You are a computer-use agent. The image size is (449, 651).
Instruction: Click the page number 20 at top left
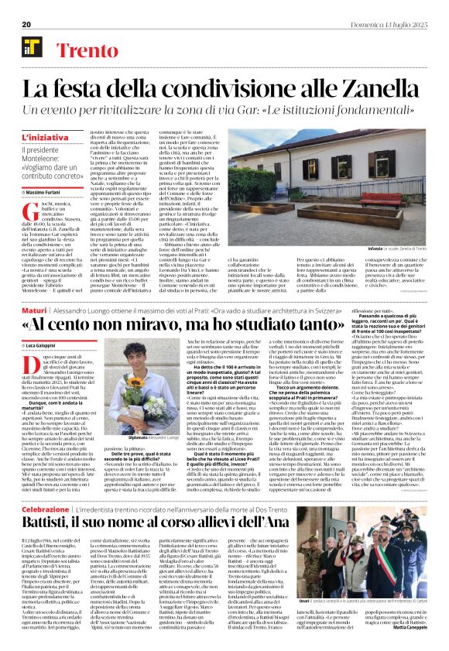tap(26, 24)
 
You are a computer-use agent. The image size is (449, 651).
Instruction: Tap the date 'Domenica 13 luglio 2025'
tap(394, 24)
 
